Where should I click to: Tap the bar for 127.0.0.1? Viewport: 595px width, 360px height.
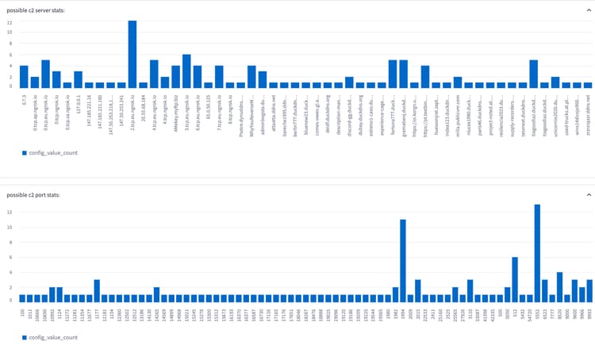click(79, 79)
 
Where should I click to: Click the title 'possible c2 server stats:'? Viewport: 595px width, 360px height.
click(36, 10)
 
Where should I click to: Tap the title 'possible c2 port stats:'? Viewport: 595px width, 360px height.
click(33, 194)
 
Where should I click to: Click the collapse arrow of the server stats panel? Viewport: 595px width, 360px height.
click(589, 10)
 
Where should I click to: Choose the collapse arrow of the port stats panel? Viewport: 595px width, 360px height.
click(589, 194)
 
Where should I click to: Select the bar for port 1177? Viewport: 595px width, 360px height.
click(97, 290)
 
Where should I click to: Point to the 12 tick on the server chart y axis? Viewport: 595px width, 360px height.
click(9, 22)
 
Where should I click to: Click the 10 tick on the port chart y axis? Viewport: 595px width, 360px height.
click(9, 227)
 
